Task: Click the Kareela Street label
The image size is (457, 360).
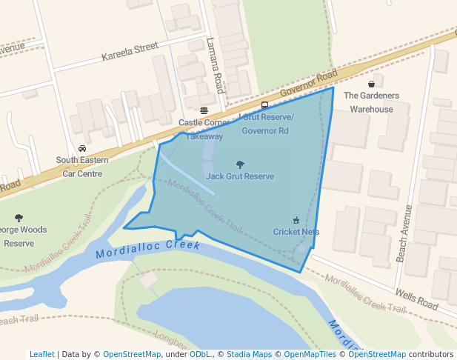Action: (130, 50)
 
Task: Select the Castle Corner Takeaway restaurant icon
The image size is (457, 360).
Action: (204, 111)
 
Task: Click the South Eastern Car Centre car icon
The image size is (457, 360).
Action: (81, 148)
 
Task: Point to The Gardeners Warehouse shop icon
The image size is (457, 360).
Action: (371, 84)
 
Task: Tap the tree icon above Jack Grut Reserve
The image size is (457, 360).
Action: (240, 164)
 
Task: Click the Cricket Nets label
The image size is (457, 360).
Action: (296, 232)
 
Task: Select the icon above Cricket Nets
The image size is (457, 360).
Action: (296, 220)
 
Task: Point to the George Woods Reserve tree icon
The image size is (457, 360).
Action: (19, 219)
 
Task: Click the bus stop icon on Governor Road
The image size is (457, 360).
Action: (264, 105)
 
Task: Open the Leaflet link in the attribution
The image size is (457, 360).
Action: (41, 355)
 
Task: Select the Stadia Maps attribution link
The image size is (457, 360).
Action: (249, 355)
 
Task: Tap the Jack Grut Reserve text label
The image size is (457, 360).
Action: (240, 176)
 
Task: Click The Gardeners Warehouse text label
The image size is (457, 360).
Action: (371, 102)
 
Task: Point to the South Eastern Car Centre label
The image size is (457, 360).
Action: (81, 167)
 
